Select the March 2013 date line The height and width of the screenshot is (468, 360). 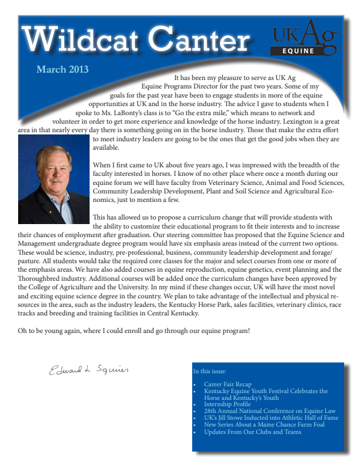coord(62,70)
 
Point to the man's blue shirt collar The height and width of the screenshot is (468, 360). coord(63,199)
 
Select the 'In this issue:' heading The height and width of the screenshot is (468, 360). coord(210,372)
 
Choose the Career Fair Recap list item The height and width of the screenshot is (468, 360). coord(227,385)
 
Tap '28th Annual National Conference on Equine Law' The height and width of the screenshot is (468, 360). coord(270,411)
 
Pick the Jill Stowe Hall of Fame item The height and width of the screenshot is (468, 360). coord(271,418)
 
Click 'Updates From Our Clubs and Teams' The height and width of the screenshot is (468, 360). coord(253,432)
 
